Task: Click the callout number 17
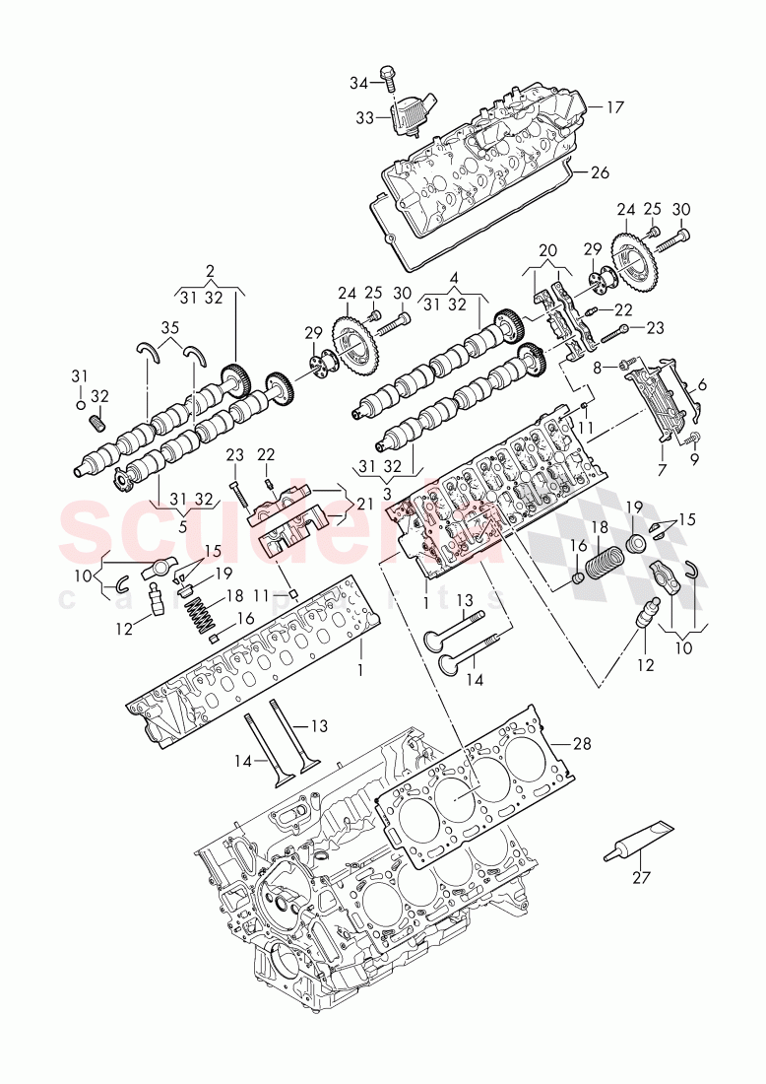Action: pyautogui.click(x=614, y=106)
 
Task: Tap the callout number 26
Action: pyautogui.click(x=600, y=172)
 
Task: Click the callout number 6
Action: pyautogui.click(x=701, y=385)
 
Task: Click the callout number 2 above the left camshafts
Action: pyautogui.click(x=210, y=271)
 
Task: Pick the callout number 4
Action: pyautogui.click(x=454, y=277)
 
